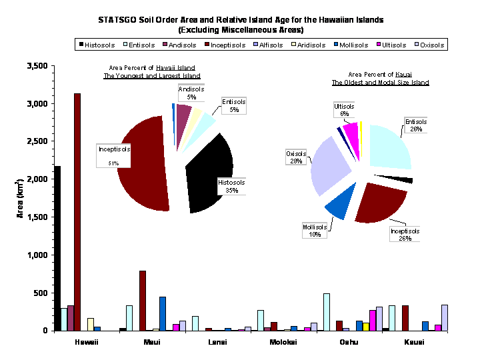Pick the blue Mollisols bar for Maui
163,313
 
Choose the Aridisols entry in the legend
309,45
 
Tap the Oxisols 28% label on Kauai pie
295,157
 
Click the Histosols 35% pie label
232,186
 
